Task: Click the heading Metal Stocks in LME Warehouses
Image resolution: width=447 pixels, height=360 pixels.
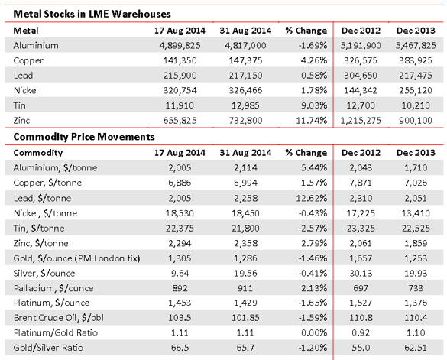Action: point(92,14)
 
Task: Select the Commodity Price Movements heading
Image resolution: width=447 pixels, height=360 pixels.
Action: point(84,137)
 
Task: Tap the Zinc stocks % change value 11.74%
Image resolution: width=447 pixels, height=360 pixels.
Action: point(311,120)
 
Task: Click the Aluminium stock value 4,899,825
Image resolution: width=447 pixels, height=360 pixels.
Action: point(180,45)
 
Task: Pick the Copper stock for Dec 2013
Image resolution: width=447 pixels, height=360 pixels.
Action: point(416,60)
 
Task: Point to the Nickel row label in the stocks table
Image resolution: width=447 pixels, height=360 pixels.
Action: point(26,90)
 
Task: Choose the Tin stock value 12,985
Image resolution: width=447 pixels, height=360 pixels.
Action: point(245,105)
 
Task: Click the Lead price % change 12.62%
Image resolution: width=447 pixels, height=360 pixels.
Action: point(311,198)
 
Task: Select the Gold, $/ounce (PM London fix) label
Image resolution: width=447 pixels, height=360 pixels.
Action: point(76,258)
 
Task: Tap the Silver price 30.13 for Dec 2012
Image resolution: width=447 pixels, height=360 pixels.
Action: point(361,274)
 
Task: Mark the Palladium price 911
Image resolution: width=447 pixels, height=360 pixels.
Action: point(245,288)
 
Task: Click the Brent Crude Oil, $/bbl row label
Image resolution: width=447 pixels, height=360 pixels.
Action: point(59,318)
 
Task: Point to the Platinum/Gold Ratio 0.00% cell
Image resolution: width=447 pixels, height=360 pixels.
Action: point(314,332)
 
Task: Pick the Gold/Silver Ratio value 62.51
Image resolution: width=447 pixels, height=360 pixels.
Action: point(416,348)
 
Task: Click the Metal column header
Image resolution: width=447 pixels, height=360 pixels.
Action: point(26,31)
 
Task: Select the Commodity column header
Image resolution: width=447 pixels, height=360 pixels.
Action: point(38,153)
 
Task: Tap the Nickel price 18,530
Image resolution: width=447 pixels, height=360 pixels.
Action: point(180,213)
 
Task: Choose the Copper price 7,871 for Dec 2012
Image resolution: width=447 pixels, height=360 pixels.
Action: point(361,183)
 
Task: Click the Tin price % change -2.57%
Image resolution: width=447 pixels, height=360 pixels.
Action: point(313,229)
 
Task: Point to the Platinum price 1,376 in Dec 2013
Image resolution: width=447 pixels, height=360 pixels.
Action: point(416,303)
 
